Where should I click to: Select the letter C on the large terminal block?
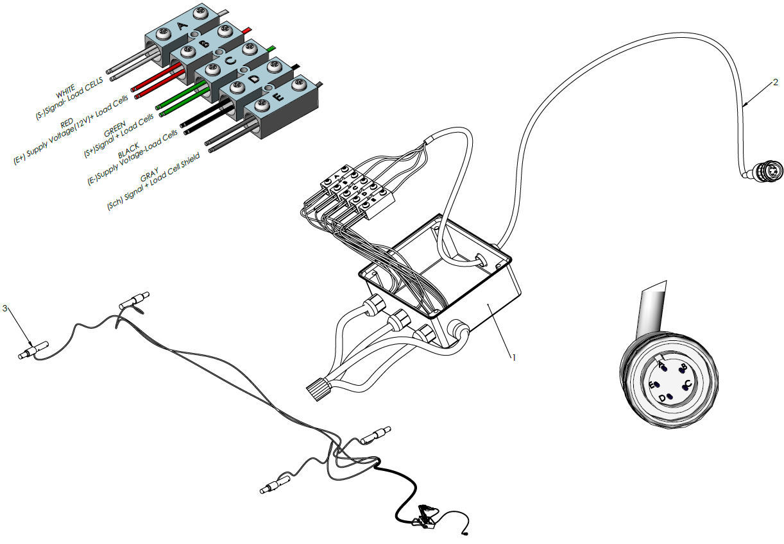[232, 62]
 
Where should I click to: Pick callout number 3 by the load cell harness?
[5, 308]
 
